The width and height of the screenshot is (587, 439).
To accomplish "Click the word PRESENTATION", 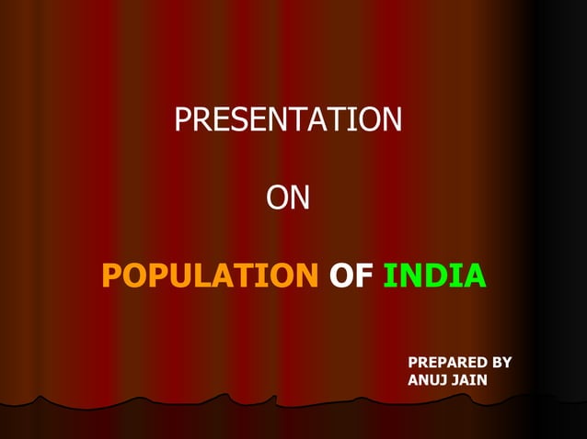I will coord(288,120).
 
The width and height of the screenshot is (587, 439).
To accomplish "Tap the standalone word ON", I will coord(288,197).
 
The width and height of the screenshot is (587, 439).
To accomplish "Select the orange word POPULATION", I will coord(209,275).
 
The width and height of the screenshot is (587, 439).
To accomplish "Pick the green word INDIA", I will coord(432,275).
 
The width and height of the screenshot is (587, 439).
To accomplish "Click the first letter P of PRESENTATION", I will coord(182,120).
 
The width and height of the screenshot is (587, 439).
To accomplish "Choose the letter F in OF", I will coord(362,275).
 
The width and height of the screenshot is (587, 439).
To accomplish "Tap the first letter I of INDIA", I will coord(387,275).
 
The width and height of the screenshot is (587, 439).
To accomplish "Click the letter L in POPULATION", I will coord(193,275).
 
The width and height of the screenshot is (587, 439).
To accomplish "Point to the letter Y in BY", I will coord(507,363).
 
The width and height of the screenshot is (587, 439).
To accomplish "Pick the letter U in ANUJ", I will coord(433,380).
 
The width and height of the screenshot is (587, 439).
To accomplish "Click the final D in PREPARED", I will coord(483,363).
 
